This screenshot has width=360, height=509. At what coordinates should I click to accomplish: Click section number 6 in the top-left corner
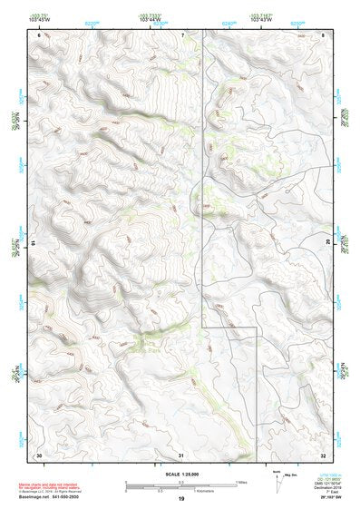tap(39, 34)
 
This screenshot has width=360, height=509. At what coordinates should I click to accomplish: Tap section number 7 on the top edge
tap(182, 34)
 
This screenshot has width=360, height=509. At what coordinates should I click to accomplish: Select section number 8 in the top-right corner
tap(324, 34)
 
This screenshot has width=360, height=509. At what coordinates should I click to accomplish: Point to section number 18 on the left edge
tap(34, 243)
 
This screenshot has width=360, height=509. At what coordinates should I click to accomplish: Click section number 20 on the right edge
tap(327, 243)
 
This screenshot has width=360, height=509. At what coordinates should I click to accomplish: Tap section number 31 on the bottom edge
tap(181, 454)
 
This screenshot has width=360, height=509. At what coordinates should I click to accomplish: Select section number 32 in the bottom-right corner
tap(324, 454)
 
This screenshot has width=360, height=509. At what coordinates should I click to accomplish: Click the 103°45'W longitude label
tap(38, 19)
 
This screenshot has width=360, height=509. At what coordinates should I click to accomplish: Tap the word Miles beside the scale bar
tap(242, 482)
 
